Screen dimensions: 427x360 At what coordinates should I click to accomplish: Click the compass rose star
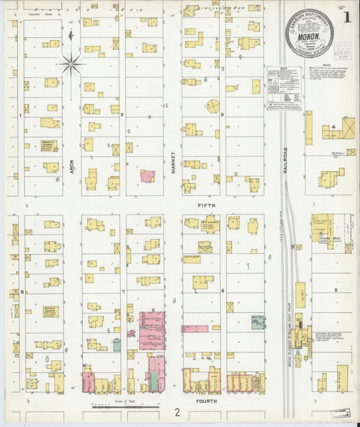[x=71, y=64]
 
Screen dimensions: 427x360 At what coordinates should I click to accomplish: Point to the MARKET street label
[x=174, y=163]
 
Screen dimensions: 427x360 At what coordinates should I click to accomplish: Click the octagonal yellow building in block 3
[x=213, y=106]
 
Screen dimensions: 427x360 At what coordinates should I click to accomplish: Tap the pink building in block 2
[x=147, y=176]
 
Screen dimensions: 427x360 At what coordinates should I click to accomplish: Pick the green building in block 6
[x=257, y=322]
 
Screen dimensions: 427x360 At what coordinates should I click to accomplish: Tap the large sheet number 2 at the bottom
[x=177, y=412]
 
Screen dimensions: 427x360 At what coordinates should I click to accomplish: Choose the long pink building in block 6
[x=195, y=329]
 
